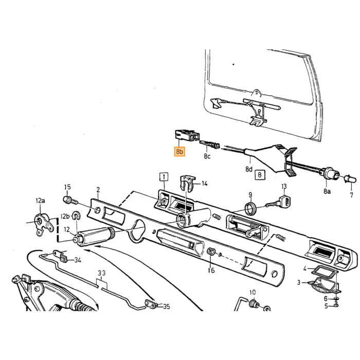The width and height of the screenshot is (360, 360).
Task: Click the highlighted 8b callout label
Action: point(179,151)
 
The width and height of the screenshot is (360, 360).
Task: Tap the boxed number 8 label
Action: point(260,175)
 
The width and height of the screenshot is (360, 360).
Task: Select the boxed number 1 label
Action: point(164,177)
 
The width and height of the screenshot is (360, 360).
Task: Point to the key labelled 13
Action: point(279,202)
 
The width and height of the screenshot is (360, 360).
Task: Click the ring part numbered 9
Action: point(250,208)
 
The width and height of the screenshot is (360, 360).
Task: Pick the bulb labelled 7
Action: point(350,178)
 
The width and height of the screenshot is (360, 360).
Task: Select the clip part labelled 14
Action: point(187,183)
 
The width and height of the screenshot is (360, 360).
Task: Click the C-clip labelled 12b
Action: point(76,216)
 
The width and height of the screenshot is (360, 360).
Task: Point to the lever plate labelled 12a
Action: point(44,224)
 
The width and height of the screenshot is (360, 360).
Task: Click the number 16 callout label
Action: point(211,270)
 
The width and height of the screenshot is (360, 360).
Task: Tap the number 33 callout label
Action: point(102,273)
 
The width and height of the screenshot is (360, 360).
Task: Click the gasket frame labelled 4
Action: point(323,272)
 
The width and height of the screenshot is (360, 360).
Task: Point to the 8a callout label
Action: point(327,191)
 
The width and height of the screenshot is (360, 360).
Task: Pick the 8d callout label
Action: point(249,169)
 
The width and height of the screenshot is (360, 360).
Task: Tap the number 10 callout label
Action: point(253,292)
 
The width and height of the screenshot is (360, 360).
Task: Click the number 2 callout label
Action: point(98,190)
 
